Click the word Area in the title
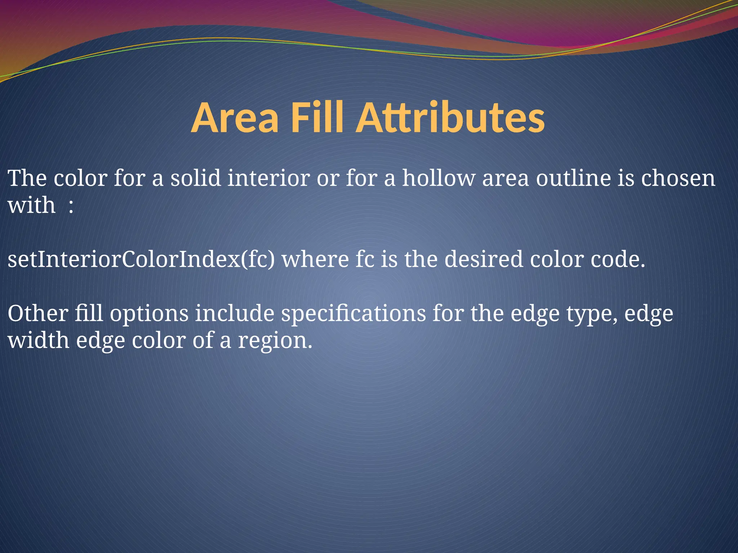(x=235, y=118)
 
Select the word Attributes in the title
(x=450, y=118)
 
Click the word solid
(x=195, y=178)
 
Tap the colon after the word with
(x=71, y=206)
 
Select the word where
(x=315, y=260)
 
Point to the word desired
(x=484, y=260)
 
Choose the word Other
(x=38, y=313)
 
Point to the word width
(x=38, y=340)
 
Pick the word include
(x=235, y=313)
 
